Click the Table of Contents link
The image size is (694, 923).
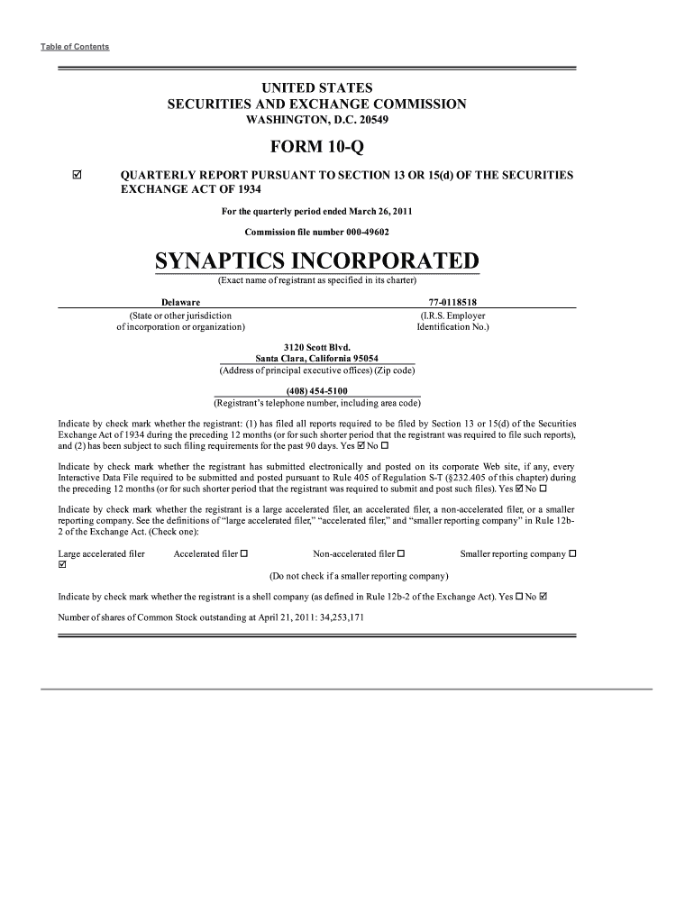75,47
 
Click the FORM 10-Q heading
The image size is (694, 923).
316,147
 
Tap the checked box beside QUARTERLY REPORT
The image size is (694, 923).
77,175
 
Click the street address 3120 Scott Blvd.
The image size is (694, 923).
316,346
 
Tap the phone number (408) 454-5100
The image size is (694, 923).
316,390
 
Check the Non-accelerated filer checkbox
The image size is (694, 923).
401,553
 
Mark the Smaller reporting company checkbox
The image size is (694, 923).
573,553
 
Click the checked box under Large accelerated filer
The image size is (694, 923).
61,566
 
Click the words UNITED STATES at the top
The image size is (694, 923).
316,88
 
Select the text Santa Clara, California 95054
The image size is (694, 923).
316,358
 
